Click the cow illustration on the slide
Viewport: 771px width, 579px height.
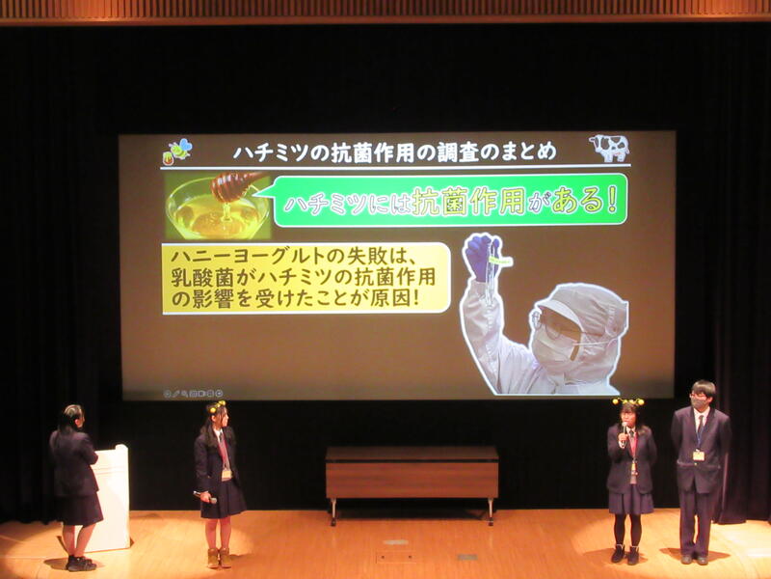coord(609,148)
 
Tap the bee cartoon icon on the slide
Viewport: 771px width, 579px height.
coord(180,150)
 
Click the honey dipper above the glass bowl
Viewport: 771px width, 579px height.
coord(235,185)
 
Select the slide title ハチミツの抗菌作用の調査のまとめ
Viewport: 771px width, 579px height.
coord(394,152)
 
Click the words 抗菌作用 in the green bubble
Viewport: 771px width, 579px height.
coord(468,201)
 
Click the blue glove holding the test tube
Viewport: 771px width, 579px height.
coord(481,255)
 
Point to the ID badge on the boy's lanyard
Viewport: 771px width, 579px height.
coord(698,455)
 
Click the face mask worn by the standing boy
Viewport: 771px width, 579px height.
coord(698,403)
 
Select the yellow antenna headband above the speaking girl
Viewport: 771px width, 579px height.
coord(628,401)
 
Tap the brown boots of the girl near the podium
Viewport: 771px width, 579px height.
coord(220,558)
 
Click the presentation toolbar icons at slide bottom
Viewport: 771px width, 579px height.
coord(194,394)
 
